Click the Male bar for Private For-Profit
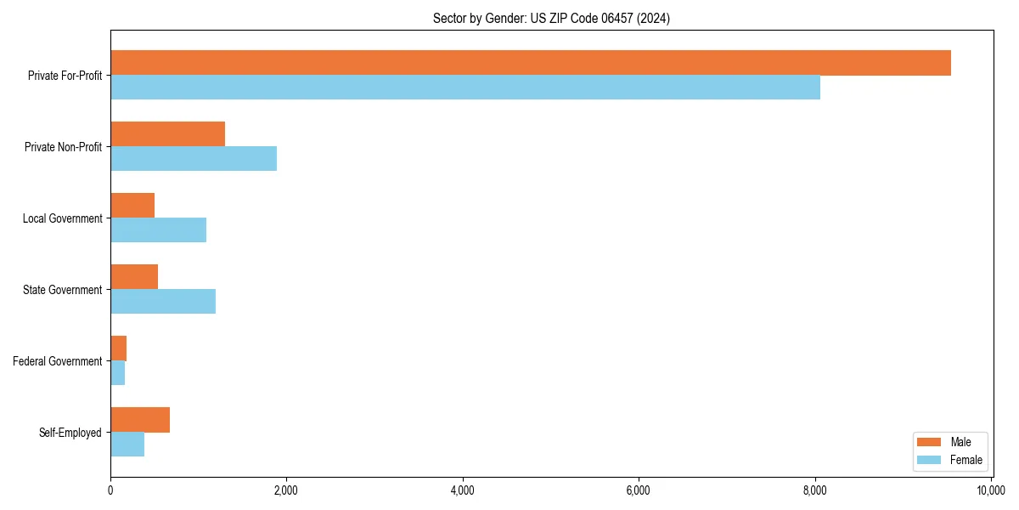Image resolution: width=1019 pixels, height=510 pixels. [531, 63]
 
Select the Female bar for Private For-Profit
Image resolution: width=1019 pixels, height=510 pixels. [465, 88]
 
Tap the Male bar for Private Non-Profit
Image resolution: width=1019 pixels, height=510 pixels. [167, 134]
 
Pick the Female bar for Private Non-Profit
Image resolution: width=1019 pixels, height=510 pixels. [194, 159]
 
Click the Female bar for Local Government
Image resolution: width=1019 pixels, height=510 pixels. [158, 230]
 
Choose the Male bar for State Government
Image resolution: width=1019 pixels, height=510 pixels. [134, 277]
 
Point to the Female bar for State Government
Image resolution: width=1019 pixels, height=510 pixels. [163, 302]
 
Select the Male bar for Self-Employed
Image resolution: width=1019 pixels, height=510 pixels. [140, 420]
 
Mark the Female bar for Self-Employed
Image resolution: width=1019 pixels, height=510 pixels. [127, 445]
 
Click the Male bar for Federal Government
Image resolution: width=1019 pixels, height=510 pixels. [119, 348]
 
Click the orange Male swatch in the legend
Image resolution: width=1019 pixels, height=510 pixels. [929, 442]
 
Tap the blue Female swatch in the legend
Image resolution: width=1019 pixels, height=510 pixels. [929, 460]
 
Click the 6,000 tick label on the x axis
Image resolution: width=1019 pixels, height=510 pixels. [639, 490]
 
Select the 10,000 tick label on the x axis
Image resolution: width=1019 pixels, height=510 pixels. [990, 490]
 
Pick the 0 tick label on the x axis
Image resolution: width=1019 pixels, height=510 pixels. [110, 490]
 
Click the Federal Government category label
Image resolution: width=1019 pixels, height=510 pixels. [58, 361]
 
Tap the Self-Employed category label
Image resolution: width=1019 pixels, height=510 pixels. [70, 433]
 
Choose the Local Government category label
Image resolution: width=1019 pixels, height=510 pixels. [63, 218]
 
